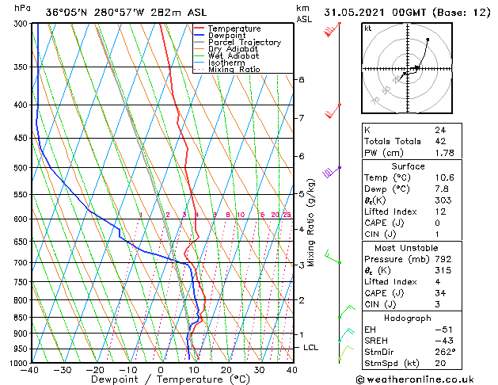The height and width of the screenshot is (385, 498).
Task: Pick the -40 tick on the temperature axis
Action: [x=31, y=370]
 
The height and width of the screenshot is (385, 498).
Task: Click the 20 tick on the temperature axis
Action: [x=226, y=370]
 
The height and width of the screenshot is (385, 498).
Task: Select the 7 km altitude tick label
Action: [x=301, y=118]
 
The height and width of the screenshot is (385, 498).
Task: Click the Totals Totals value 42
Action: [x=440, y=141]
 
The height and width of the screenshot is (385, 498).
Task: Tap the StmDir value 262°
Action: [x=445, y=352]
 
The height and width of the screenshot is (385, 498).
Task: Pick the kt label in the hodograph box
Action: [x=367, y=28]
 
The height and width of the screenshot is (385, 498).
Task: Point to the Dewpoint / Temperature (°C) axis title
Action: [x=161, y=380]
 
